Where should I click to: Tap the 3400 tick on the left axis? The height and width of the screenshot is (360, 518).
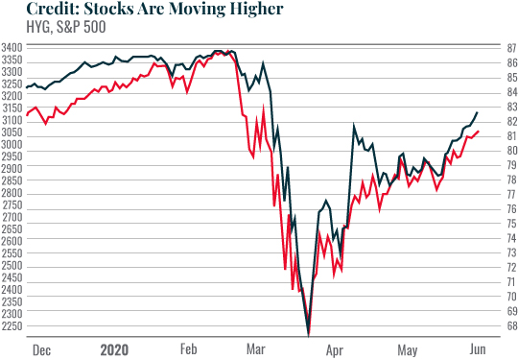[x=12, y=47]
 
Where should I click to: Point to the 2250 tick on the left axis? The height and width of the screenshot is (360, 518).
[x=12, y=326]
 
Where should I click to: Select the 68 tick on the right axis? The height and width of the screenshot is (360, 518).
[x=510, y=326]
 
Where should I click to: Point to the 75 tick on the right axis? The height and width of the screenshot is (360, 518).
[x=510, y=224]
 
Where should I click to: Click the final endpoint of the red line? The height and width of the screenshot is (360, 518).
[x=478, y=132]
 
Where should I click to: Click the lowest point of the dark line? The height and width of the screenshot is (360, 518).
[x=308, y=333]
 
